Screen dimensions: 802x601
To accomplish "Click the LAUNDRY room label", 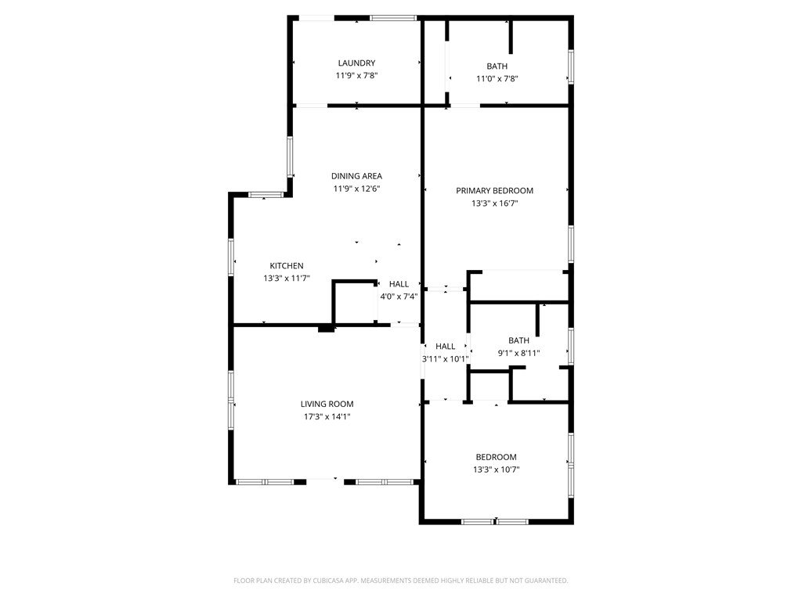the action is pos(356,63).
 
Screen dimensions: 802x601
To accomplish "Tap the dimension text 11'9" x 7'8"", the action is pos(356,76).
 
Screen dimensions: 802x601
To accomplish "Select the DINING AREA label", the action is pos(356,176).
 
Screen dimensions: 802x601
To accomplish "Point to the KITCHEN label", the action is pos(287,266).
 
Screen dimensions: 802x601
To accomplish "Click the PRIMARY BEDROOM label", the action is pos(495,191).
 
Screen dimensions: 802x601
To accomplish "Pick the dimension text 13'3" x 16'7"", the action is pos(495,203).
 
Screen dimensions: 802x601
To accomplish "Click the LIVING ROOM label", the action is pos(327,404).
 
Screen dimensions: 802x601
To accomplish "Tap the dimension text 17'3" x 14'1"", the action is pos(327,416).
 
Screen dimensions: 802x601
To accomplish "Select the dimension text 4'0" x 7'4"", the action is pos(399,297).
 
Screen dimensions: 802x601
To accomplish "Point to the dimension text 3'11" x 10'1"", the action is pos(445,358).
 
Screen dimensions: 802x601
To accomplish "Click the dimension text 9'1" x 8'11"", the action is pos(518,353).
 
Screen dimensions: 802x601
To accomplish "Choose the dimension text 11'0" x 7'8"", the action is pos(497,79).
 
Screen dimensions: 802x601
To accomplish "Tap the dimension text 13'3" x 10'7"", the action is pos(496,470).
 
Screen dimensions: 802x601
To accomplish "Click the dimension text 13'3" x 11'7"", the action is pos(287,279).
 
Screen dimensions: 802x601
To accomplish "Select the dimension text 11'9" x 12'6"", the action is pos(356,189).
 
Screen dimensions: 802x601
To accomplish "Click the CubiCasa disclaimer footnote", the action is pos(400,581).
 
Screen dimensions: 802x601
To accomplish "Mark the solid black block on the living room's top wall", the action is pos(327,329).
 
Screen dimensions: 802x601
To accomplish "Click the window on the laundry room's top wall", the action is pos(393,18).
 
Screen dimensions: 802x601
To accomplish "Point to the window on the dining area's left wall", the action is pos(290,157).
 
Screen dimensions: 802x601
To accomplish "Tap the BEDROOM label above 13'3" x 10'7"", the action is pos(496,457).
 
